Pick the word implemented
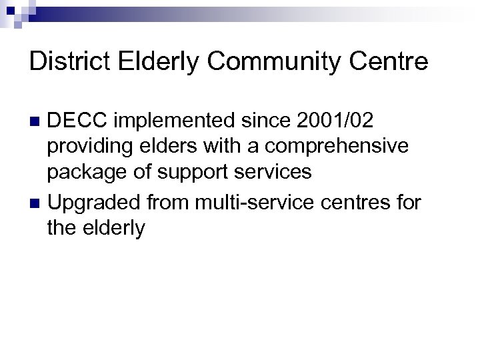(x=179, y=121)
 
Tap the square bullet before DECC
(x=37, y=121)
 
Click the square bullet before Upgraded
(x=37, y=201)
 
